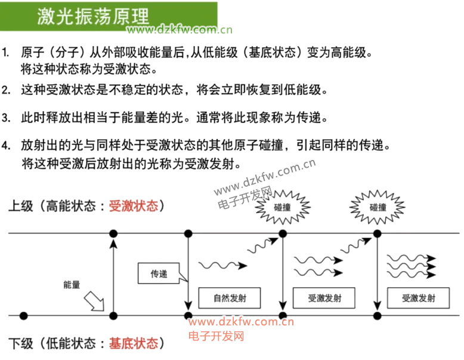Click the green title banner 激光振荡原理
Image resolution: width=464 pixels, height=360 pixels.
pyautogui.click(x=107, y=16)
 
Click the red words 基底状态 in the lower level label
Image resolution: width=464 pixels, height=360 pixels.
pyautogui.click(x=134, y=343)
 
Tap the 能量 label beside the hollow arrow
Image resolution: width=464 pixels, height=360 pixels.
pyautogui.click(x=72, y=285)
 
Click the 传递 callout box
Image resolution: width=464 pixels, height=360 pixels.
pyautogui.click(x=159, y=274)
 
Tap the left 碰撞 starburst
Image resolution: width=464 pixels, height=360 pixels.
pyautogui.click(x=283, y=207)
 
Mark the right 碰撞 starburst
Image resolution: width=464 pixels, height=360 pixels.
pyautogui.click(x=378, y=207)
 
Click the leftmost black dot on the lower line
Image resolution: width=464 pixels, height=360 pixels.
pyautogui.click(x=23, y=315)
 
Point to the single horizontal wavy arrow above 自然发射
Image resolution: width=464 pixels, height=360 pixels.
pyautogui.click(x=222, y=264)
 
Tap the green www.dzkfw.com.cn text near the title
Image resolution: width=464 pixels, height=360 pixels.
pyautogui.click(x=180, y=30)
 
